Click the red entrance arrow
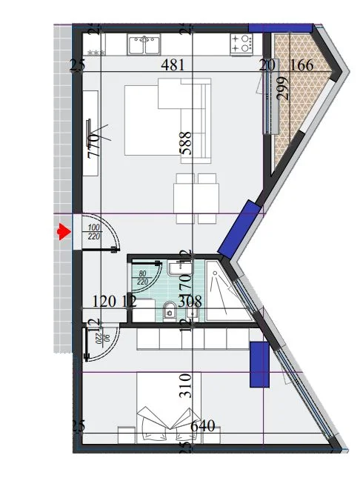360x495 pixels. [63, 233]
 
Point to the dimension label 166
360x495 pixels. [301, 65]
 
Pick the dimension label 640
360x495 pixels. [202, 427]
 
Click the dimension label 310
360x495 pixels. [186, 386]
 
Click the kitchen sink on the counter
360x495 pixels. [145, 46]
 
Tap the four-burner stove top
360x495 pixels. [241, 44]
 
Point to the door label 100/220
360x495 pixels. [94, 232]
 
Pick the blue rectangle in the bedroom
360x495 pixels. [259, 364]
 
